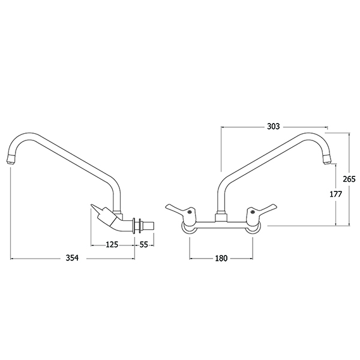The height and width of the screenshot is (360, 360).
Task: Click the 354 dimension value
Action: (72, 258)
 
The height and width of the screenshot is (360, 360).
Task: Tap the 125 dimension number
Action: (112, 245)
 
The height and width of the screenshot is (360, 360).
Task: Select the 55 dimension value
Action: (144, 245)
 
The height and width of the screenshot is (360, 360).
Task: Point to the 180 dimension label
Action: (221, 258)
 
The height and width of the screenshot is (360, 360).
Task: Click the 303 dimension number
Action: (274, 126)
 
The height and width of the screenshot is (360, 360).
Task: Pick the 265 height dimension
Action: (349, 179)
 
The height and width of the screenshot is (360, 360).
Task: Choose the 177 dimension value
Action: (336, 194)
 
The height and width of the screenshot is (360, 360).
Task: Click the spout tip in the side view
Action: (11, 159)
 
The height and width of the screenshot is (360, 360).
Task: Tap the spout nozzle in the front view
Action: (327, 160)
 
